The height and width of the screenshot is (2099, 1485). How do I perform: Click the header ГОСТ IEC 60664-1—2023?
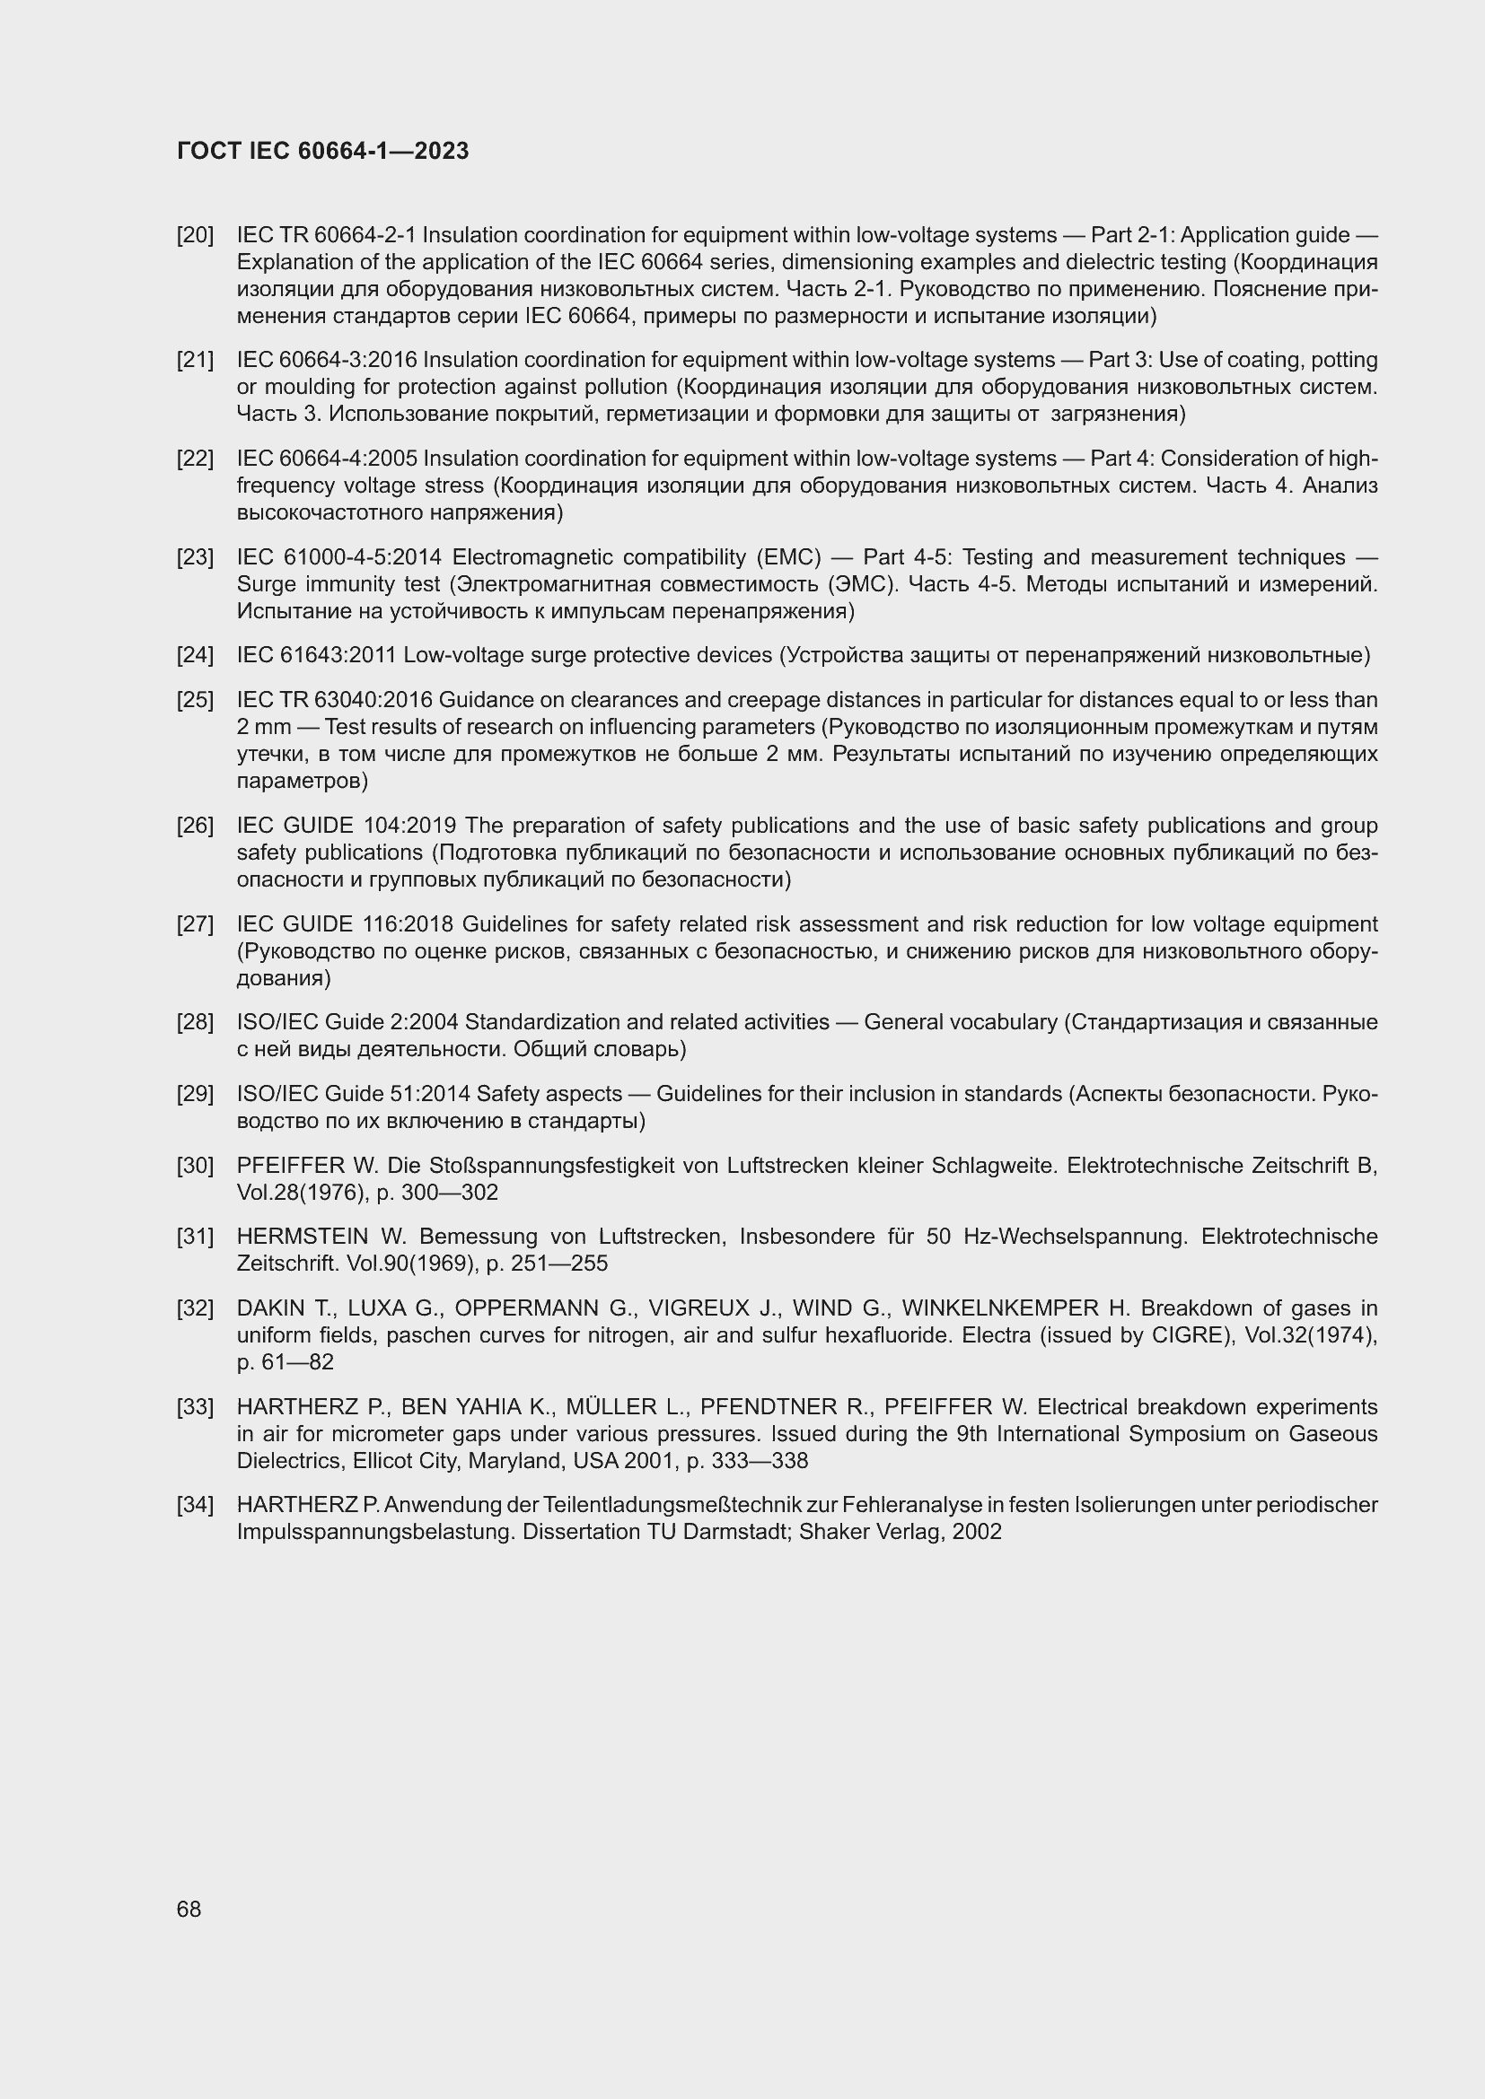point(322,151)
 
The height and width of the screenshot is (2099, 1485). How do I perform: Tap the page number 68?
point(189,1909)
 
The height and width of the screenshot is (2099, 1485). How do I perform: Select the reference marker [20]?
point(195,236)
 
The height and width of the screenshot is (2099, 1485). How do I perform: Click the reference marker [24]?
point(195,655)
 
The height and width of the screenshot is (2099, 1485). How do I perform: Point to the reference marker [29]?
point(195,1094)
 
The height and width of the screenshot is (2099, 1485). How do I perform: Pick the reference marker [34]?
point(195,1505)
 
